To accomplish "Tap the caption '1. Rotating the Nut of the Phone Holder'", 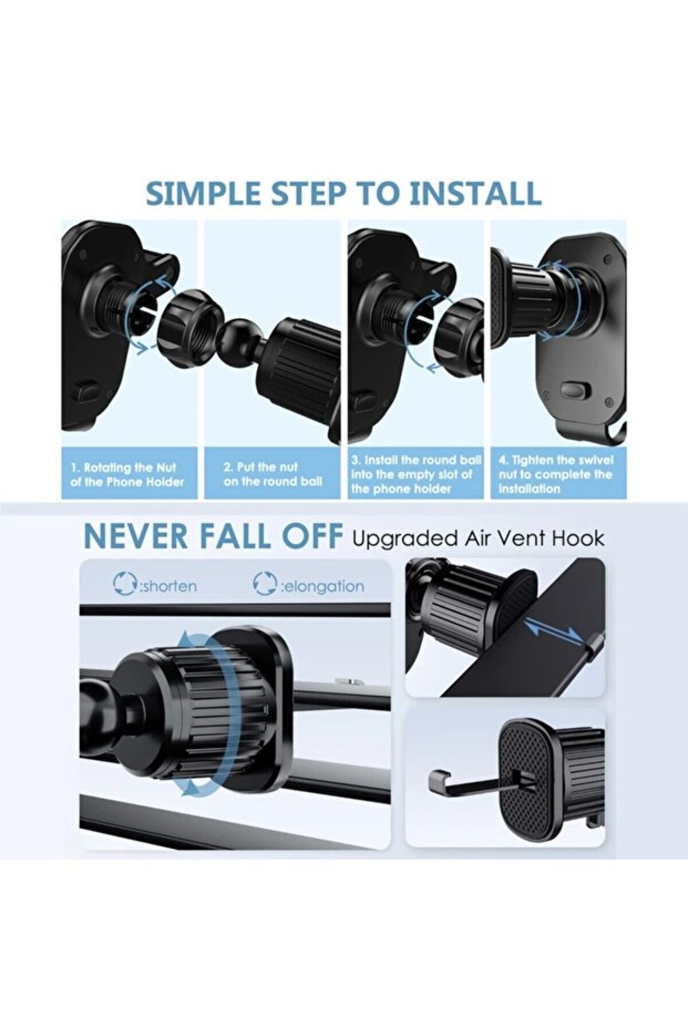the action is tap(127, 475).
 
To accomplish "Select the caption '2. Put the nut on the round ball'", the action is tap(273, 475).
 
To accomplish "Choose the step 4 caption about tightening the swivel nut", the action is tap(556, 475).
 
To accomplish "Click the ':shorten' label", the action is tap(167, 587).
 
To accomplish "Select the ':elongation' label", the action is tap(321, 587).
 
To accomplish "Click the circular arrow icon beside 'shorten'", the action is tap(124, 584).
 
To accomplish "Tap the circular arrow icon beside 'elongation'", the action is tap(264, 584).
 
